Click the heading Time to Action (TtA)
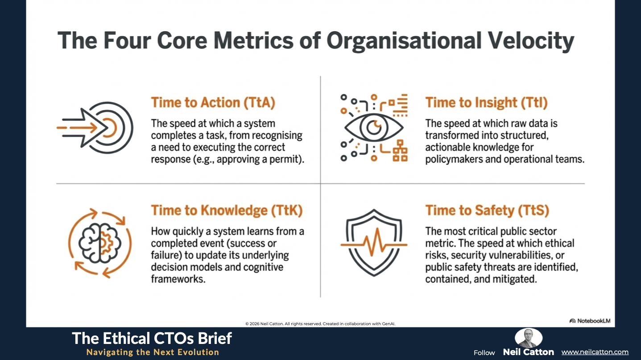point(213,103)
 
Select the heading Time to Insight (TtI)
point(487,103)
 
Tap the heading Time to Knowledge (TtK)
point(227,210)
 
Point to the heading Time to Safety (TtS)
point(488,210)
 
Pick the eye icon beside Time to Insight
point(374,128)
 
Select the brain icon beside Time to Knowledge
point(100,244)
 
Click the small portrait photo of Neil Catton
point(529,338)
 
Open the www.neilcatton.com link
point(595,352)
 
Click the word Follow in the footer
point(484,352)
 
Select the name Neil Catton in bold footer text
point(529,352)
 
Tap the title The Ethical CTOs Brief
point(152,338)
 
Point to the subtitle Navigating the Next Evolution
point(153,352)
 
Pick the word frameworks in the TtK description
point(178,279)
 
